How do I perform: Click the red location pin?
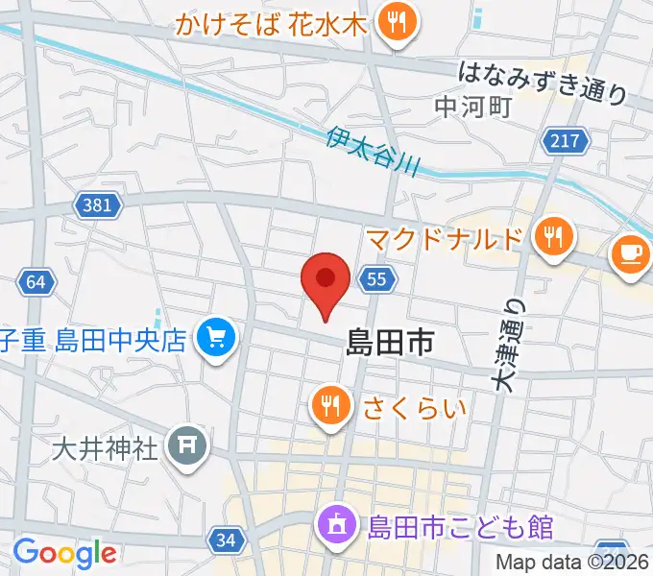click(x=325, y=281)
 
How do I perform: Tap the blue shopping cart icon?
click(x=216, y=339)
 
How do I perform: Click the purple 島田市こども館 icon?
click(x=339, y=526)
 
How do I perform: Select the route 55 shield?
click(x=376, y=279)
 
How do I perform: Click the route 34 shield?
click(x=226, y=541)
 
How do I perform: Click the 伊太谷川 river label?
click(x=373, y=151)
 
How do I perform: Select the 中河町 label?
click(x=472, y=107)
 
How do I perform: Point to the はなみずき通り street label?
click(x=543, y=81)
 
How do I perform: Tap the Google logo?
click(x=64, y=553)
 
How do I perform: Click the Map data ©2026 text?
click(x=572, y=564)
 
